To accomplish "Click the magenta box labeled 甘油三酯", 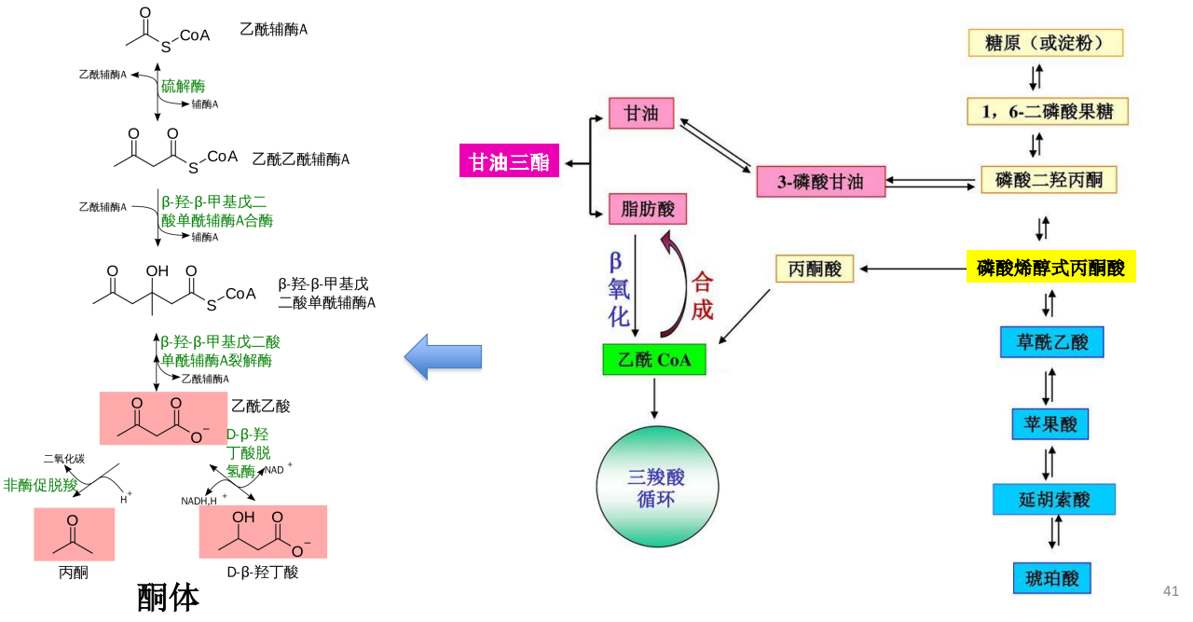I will pos(509,161).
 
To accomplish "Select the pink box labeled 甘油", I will pos(641,113).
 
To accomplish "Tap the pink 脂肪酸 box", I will pos(648,209).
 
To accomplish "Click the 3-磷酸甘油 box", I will pos(821,182).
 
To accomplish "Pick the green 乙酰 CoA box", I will pos(654,360).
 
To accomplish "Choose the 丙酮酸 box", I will pos(816,269).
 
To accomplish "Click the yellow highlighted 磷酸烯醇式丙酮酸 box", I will pos(1050,269).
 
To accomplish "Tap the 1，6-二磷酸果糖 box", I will pos(1048,112).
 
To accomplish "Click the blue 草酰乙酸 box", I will pos(1051,342).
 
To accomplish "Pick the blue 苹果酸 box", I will pos(1049,424).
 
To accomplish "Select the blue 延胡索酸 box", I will pos(1054,499).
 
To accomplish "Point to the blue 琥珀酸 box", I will pos(1051,577).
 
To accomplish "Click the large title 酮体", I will pos(168,598).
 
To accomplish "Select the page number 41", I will pos(1171,591).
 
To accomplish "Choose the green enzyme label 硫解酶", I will pos(183,87).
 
